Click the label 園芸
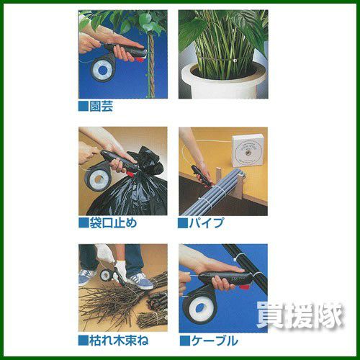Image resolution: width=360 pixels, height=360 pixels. pyautogui.click(x=101, y=107)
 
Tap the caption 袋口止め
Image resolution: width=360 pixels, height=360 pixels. pyautogui.click(x=113, y=223)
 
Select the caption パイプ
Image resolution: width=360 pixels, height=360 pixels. pyautogui.click(x=207, y=223)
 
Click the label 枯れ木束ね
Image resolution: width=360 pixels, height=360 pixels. pyautogui.click(x=119, y=341)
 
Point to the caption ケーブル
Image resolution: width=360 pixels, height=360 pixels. pyautogui.click(x=215, y=341)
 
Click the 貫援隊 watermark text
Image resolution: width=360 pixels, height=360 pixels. pyautogui.click(x=300, y=315)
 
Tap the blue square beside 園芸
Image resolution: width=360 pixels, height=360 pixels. pyautogui.click(x=84, y=107)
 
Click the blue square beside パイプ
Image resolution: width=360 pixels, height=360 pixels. pyautogui.click(x=183, y=223)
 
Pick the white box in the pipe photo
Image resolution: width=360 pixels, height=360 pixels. pyautogui.click(x=247, y=150)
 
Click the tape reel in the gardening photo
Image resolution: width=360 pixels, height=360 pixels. pyautogui.click(x=103, y=70)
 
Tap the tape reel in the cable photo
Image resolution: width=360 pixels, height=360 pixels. pyautogui.click(x=199, y=309)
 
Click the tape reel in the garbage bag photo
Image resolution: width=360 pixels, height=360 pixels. pyautogui.click(x=97, y=179)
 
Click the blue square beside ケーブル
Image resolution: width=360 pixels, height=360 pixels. pyautogui.click(x=185, y=341)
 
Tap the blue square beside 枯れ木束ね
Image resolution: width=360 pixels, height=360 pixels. pyautogui.click(x=84, y=341)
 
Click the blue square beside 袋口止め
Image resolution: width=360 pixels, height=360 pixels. pyautogui.click(x=84, y=223)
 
